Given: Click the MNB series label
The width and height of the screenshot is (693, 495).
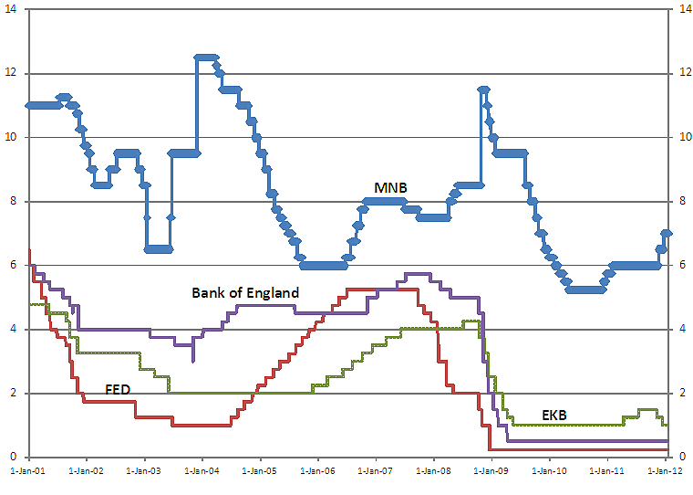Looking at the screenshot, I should pyautogui.click(x=390, y=187).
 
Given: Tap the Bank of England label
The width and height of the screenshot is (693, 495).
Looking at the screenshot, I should pyautogui.click(x=245, y=293).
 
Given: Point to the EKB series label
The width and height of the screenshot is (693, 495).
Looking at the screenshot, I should pyautogui.click(x=553, y=416).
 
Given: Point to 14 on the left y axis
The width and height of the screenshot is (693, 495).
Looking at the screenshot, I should pyautogui.click(x=11, y=9).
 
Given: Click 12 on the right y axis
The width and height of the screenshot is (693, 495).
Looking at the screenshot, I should pyautogui.click(x=678, y=73).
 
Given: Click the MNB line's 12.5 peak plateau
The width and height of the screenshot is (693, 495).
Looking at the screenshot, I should pyautogui.click(x=206, y=57).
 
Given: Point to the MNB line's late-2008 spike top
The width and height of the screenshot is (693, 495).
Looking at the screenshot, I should pyautogui.click(x=483, y=89).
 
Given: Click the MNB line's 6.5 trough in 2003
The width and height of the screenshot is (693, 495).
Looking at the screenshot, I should pyautogui.click(x=158, y=248).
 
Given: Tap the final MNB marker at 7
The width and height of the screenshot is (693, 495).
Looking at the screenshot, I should pyautogui.click(x=667, y=233).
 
